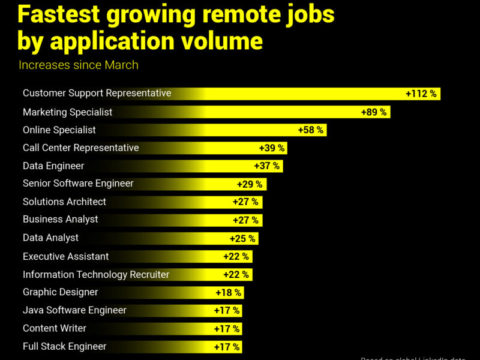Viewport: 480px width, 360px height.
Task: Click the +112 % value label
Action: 421,94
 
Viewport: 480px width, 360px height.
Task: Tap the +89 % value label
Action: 374,112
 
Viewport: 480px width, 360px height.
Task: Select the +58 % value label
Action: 311,130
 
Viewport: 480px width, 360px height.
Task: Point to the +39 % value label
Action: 272,148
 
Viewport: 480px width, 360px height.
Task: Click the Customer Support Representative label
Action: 97,94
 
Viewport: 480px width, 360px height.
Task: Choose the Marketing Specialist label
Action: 67,112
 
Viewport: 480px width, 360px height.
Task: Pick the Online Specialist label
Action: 59,130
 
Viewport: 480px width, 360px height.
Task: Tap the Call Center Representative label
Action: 80,148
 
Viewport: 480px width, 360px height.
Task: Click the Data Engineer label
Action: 53,166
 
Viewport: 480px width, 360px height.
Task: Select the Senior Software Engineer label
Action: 78,184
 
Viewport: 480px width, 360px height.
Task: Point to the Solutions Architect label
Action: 64,202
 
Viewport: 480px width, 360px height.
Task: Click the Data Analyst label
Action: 50,238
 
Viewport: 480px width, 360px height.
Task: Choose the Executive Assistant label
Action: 66,257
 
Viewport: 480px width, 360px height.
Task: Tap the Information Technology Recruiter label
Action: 96,275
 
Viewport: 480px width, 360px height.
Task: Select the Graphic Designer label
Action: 60,293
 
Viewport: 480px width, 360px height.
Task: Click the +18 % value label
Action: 229,293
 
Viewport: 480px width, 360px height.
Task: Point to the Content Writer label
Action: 55,329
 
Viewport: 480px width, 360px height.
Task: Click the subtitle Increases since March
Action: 79,65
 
